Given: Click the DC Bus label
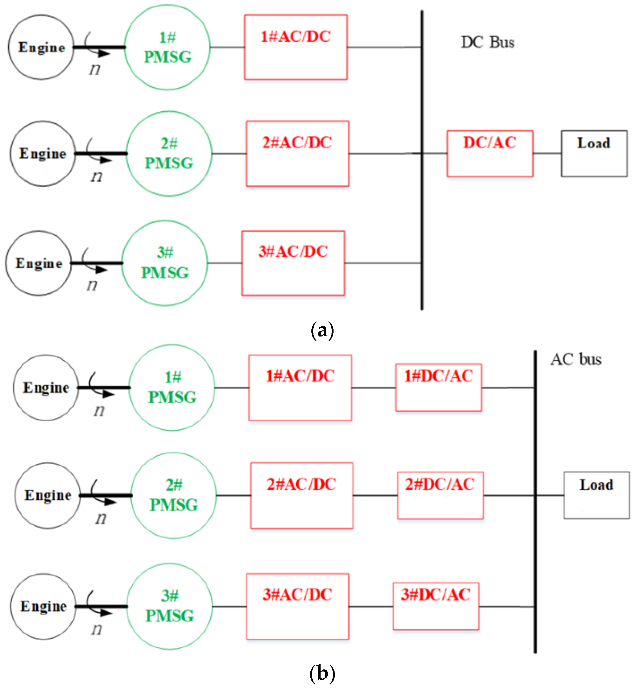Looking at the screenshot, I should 487,42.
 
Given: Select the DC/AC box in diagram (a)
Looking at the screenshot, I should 490,154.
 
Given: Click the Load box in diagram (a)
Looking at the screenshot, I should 594,154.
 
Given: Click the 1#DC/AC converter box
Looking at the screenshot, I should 439,387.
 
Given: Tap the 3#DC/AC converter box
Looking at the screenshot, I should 436,606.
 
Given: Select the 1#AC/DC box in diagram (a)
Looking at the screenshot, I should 296,47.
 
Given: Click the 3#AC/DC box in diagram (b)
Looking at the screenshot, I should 297,606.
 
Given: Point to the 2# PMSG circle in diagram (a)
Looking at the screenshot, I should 169,154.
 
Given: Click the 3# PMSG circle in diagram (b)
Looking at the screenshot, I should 170,606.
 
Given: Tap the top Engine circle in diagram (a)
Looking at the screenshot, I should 41,47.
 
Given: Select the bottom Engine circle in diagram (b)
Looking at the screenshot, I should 43,606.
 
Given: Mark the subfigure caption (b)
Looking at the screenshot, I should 322,673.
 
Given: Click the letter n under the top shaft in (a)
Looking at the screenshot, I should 95,70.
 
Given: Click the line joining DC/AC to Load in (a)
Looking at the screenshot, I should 547,154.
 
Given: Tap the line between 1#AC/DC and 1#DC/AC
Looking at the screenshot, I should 373,388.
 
